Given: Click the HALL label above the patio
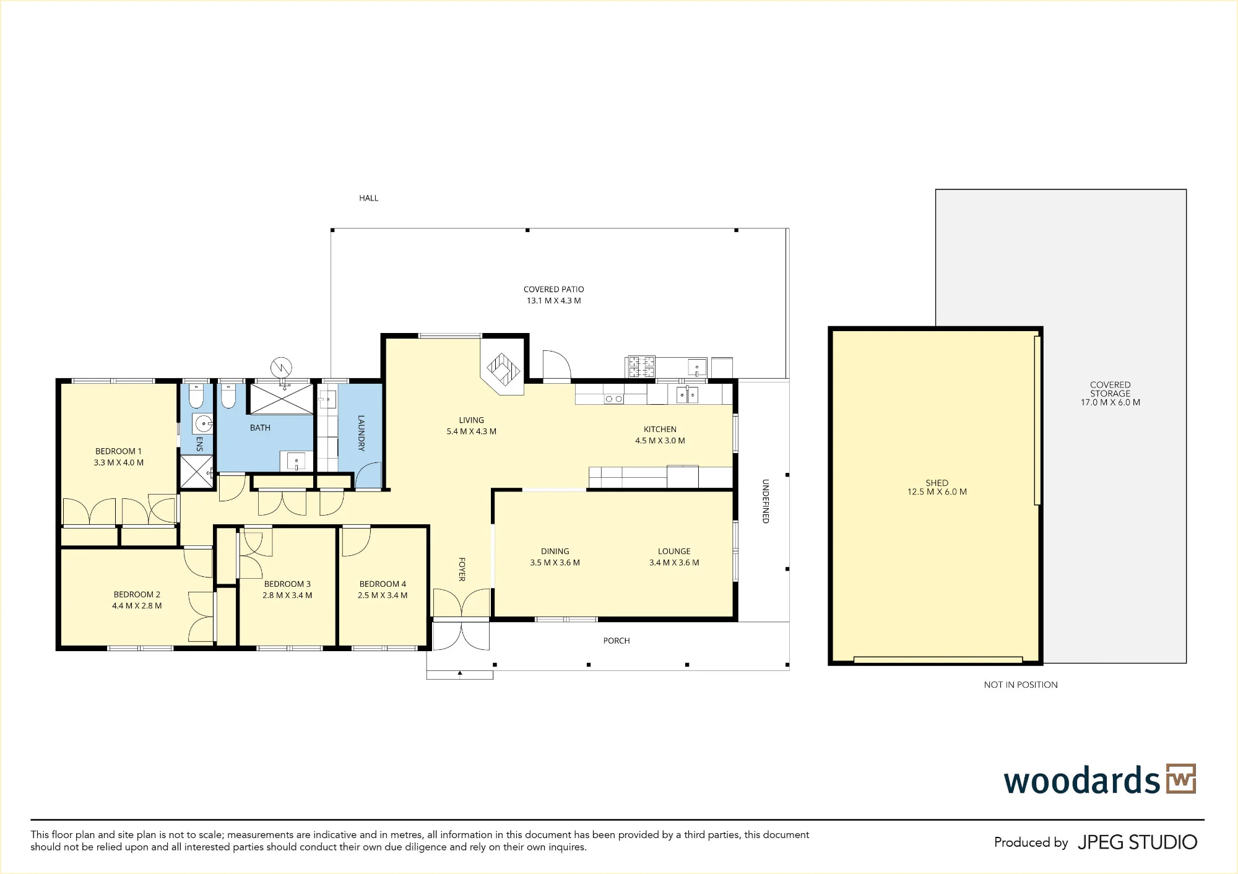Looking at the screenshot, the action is (x=368, y=198).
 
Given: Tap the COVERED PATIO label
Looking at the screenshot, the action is (x=554, y=289).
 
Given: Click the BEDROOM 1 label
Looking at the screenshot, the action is (x=118, y=451).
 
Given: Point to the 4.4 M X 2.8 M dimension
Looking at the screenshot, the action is (x=137, y=606).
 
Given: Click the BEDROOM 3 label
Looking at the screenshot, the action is (x=287, y=584).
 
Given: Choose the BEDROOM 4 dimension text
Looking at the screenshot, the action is (x=383, y=595).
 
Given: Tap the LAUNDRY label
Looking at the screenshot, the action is (x=361, y=433).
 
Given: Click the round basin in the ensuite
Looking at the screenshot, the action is (x=203, y=424).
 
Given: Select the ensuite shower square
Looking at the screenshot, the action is (x=196, y=472).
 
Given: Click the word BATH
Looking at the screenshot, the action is (x=260, y=428).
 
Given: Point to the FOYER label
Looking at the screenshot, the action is (x=462, y=569).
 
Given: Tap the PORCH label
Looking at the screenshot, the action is (x=617, y=641).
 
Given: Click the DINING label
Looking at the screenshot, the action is (x=555, y=551).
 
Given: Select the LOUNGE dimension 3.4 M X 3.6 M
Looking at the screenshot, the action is (x=674, y=563).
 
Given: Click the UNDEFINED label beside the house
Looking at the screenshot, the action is (x=766, y=501).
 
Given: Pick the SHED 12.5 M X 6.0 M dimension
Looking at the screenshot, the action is (x=937, y=492).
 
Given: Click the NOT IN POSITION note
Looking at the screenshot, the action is (x=1021, y=685).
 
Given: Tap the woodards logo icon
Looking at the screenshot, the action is (x=1181, y=779).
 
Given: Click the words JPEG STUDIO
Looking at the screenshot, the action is (x=1138, y=842).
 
